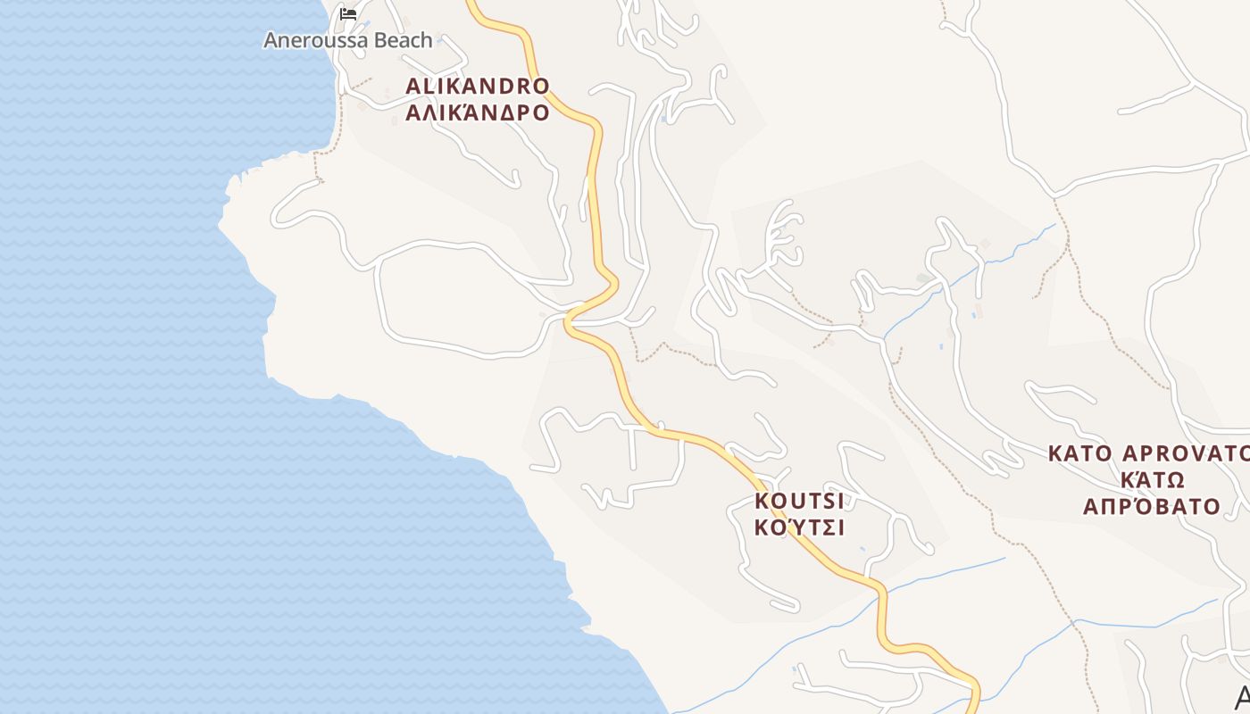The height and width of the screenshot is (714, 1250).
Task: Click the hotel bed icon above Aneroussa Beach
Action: pos(348,13)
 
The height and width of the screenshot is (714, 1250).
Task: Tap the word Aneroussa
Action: pos(309,40)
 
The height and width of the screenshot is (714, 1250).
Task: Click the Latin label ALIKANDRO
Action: pos(478,87)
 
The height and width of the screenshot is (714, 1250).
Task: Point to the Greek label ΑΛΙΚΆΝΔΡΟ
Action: pos(478,113)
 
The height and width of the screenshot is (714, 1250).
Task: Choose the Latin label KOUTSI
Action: pos(799,500)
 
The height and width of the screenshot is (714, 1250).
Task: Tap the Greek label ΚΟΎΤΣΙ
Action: pos(799,527)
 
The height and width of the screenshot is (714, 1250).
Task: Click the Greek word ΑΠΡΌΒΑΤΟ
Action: pos(1152,507)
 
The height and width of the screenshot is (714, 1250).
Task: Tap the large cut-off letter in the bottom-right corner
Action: pos(1242,697)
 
